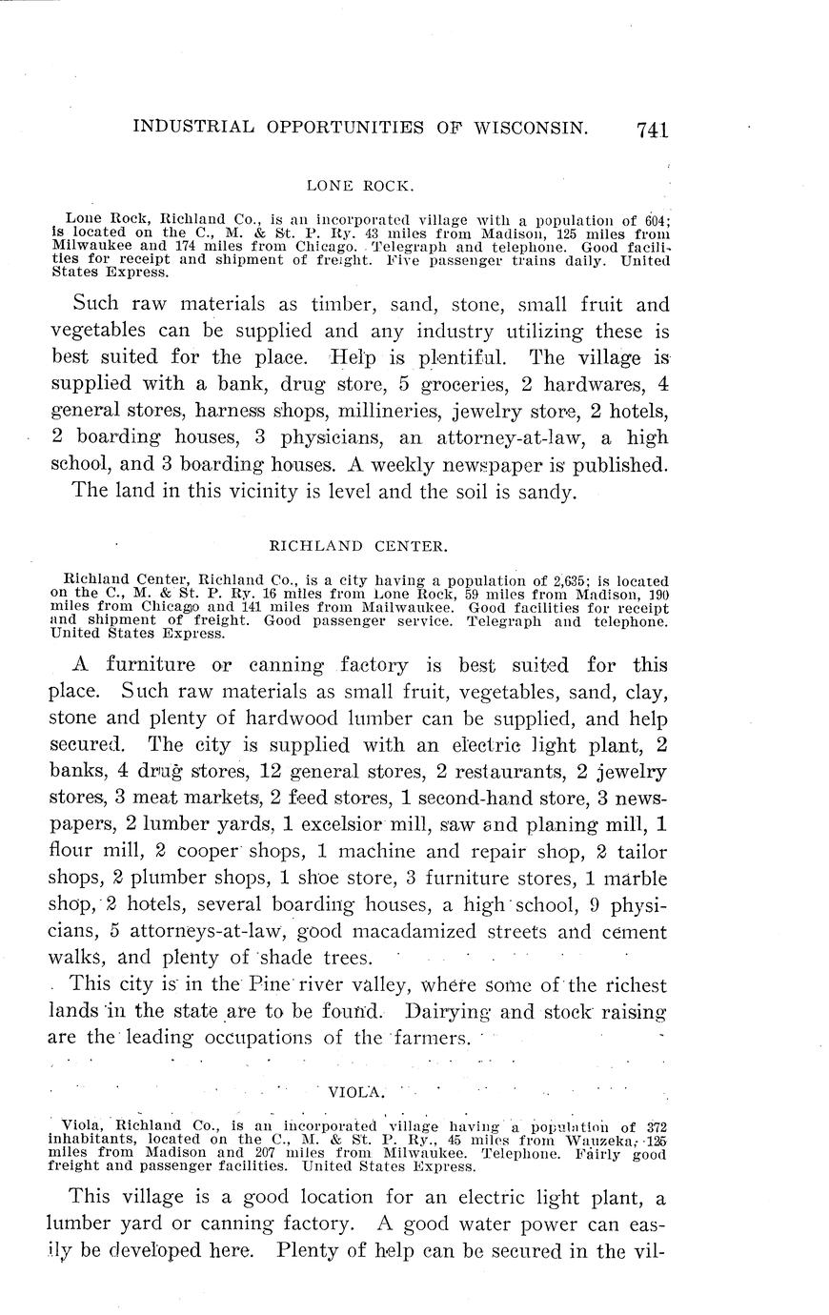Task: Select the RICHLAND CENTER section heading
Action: pos(358,547)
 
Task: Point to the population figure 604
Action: pos(655,217)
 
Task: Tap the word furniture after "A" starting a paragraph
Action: pos(152,665)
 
